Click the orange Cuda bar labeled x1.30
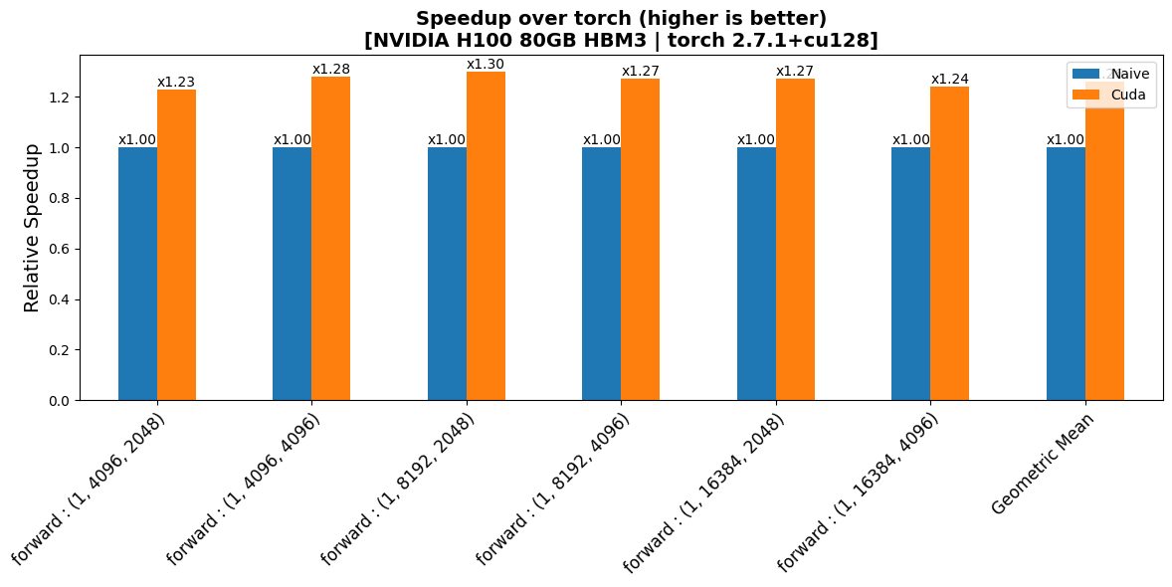(x=486, y=236)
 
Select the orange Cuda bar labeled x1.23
(x=176, y=245)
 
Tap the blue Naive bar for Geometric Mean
(x=1066, y=274)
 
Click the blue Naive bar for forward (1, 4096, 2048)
(x=137, y=274)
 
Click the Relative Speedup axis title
(x=32, y=228)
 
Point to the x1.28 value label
(x=331, y=70)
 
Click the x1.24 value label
(x=949, y=80)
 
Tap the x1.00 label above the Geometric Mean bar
(x=1066, y=140)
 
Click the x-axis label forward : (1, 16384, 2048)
(x=704, y=491)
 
